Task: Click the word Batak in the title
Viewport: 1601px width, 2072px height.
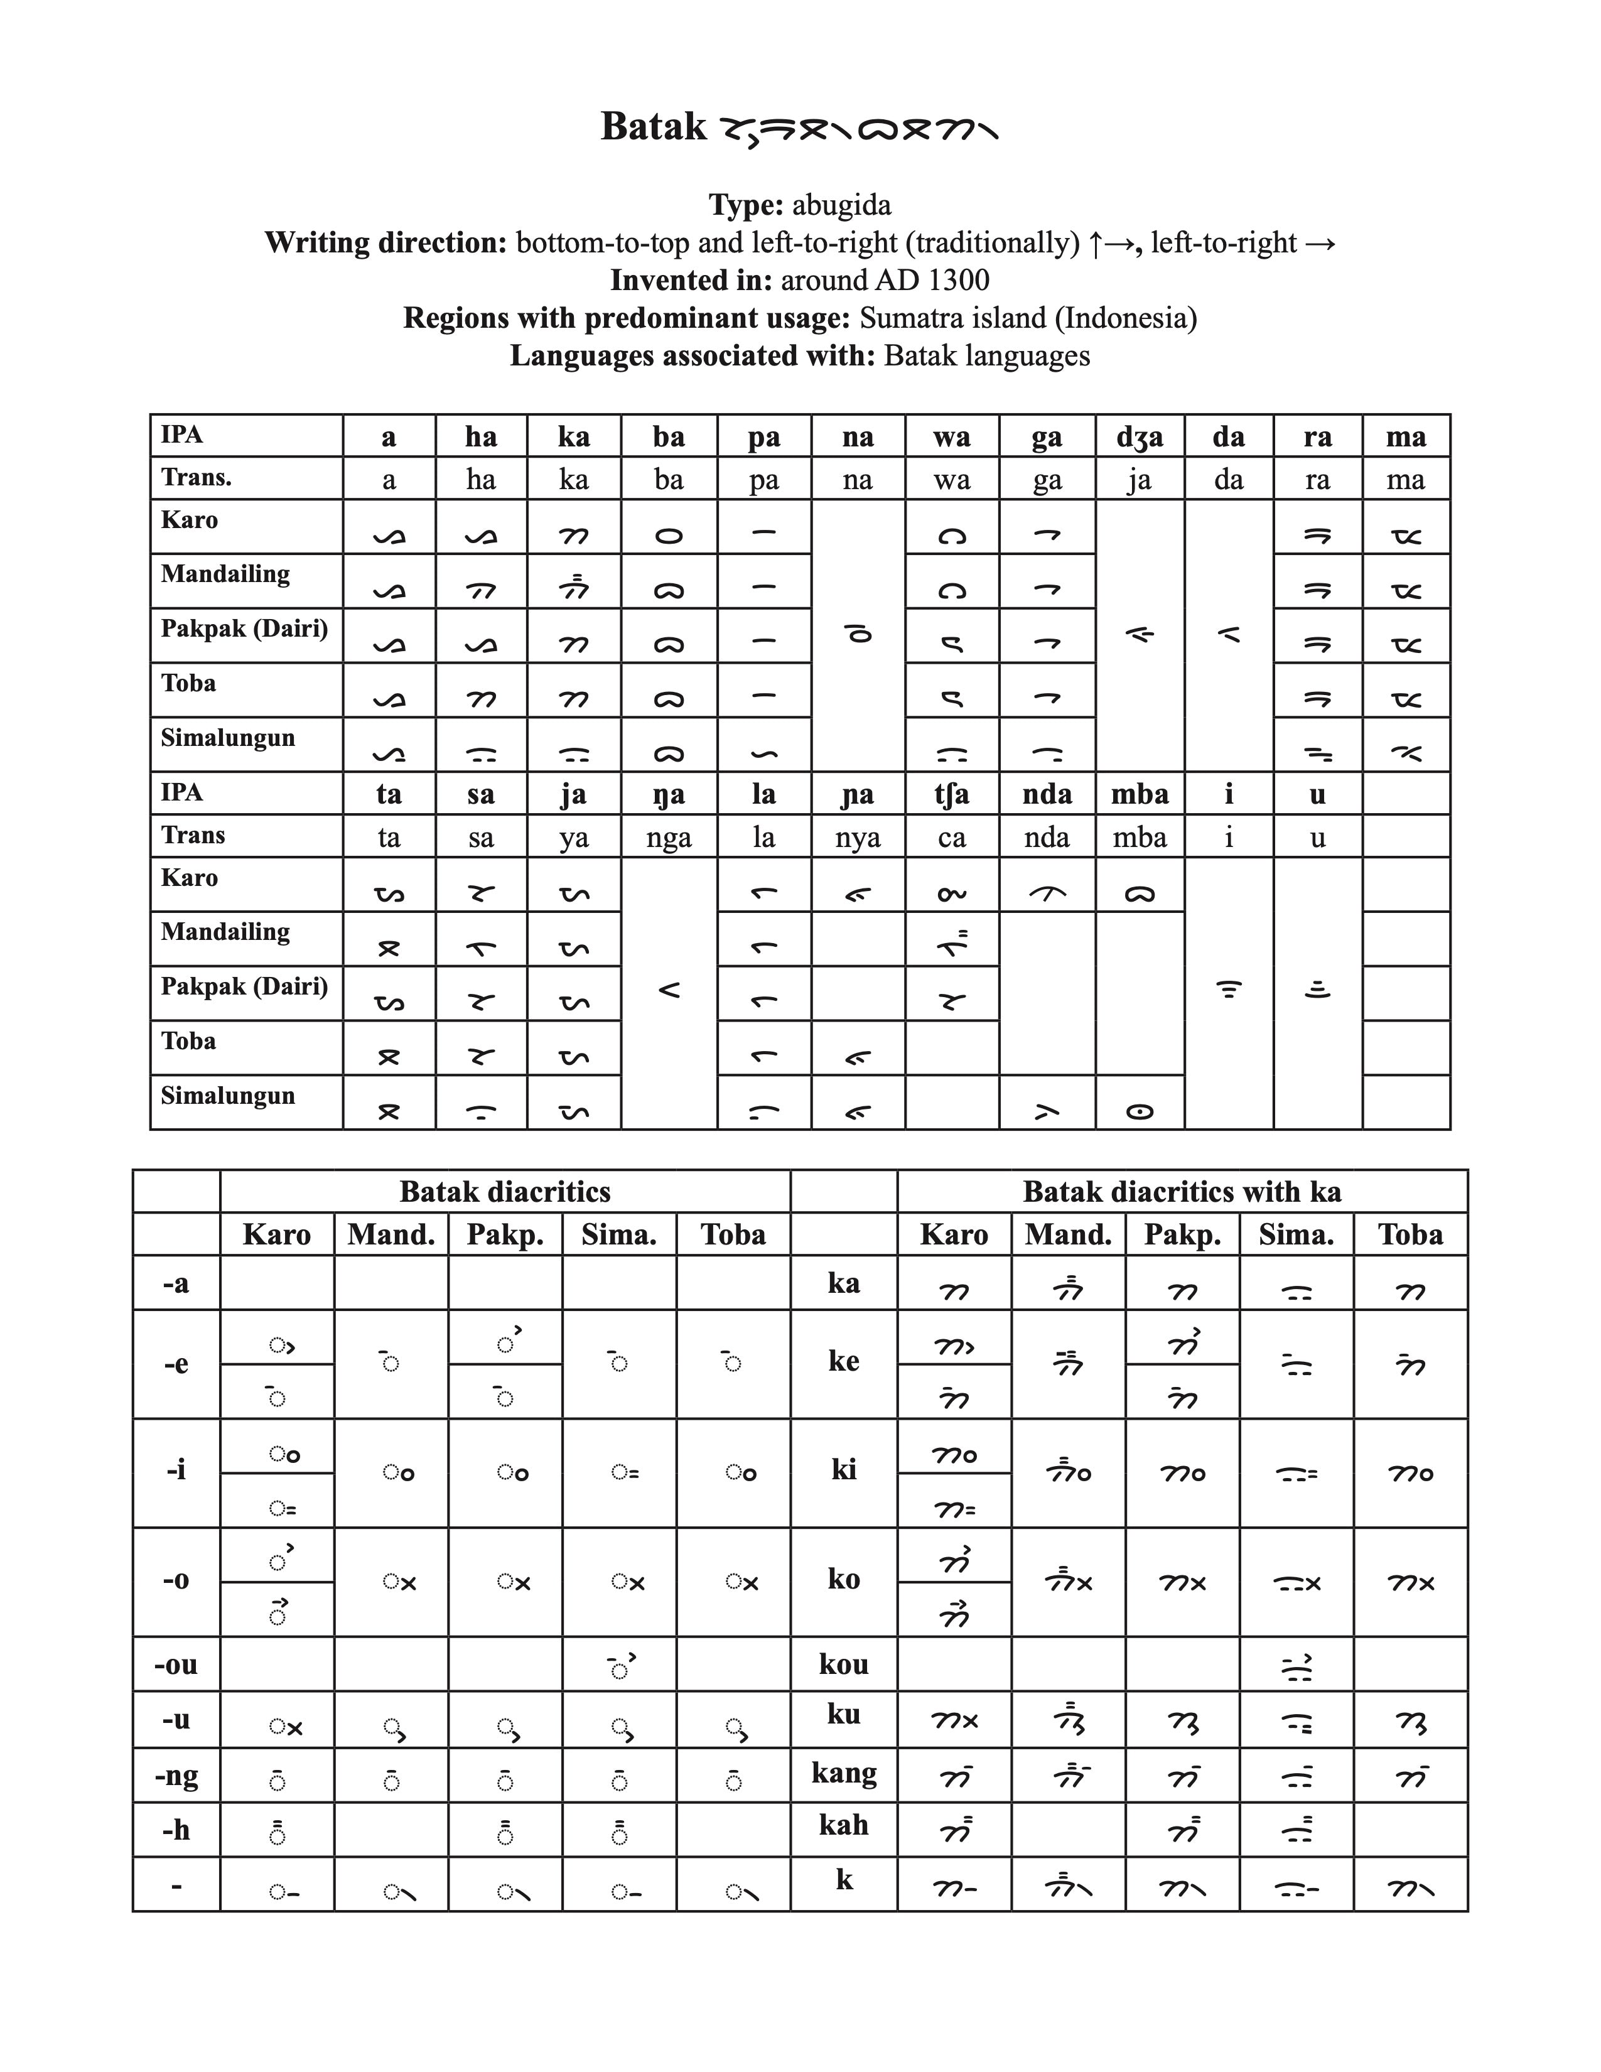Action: (654, 127)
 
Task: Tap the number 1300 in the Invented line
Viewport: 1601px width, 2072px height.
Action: (958, 280)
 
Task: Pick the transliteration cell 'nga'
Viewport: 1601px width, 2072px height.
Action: (669, 837)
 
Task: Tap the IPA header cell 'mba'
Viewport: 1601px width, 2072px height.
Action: (1139, 794)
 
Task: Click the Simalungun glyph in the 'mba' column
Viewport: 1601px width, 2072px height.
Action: (1139, 1111)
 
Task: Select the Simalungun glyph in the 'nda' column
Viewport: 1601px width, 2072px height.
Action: (1046, 1111)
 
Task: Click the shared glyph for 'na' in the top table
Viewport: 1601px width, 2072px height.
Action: (858, 635)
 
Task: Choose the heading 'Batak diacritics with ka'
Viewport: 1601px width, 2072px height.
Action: (1182, 1192)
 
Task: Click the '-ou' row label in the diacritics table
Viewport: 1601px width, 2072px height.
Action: (176, 1664)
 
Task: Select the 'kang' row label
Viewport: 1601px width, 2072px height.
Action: (843, 1773)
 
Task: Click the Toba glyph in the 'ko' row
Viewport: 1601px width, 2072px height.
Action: (1410, 1582)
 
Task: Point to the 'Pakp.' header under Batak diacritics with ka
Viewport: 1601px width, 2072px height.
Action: (1182, 1234)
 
